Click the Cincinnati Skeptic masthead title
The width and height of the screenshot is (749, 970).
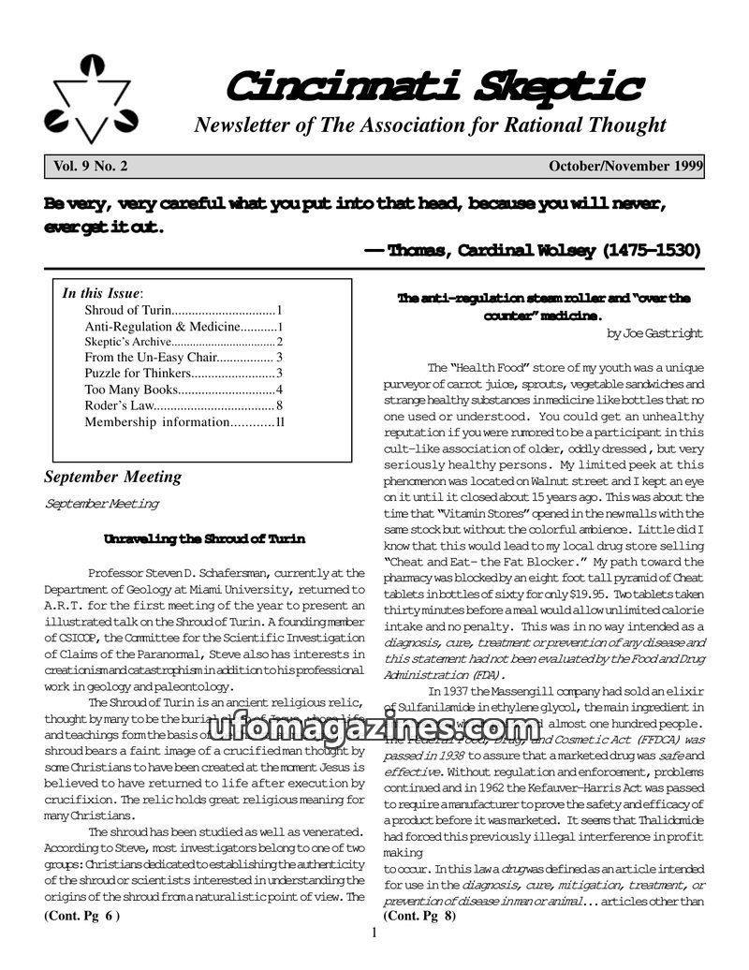(433, 86)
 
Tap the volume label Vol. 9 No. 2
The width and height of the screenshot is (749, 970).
(91, 167)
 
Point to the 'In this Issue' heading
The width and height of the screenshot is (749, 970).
(101, 293)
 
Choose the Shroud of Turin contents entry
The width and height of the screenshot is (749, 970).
(184, 310)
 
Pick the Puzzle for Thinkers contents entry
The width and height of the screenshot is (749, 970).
(184, 373)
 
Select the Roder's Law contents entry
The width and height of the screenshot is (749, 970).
(184, 405)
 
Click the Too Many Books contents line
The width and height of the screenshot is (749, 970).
(184, 389)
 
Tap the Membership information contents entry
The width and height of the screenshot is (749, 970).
(184, 422)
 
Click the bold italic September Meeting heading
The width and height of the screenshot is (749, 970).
(112, 477)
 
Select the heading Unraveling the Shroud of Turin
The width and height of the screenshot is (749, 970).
(204, 539)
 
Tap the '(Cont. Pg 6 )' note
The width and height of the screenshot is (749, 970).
(81, 917)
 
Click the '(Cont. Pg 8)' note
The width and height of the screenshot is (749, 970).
(419, 917)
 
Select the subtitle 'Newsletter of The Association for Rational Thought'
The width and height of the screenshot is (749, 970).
(430, 125)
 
